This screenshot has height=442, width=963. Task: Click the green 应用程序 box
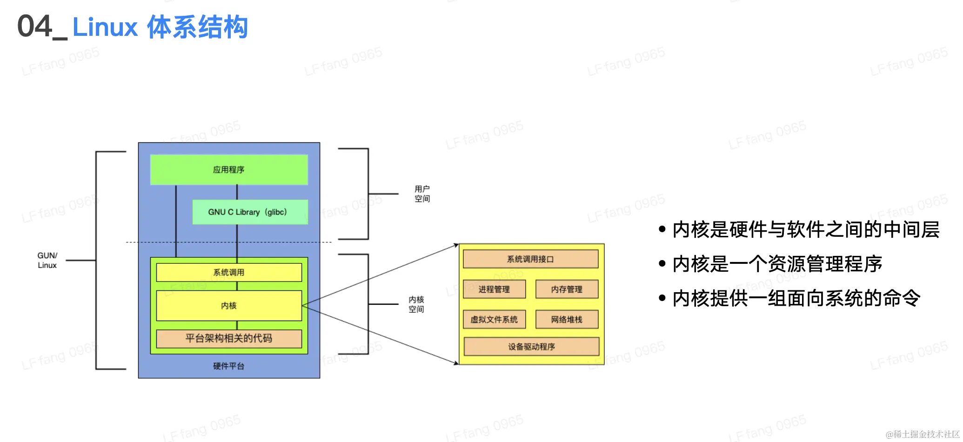click(228, 170)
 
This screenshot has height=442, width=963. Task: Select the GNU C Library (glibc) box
click(250, 212)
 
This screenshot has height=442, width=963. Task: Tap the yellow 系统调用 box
click(228, 272)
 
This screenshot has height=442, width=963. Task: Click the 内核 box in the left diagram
click(228, 306)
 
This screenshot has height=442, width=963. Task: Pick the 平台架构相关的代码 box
click(228, 338)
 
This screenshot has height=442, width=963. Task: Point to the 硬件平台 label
click(228, 366)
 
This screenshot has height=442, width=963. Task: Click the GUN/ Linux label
click(47, 261)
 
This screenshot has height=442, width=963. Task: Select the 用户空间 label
click(422, 194)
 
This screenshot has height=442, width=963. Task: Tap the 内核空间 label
click(416, 304)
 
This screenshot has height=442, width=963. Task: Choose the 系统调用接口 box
click(530, 259)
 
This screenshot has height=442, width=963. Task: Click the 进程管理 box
click(494, 289)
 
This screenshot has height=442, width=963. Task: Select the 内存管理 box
click(567, 289)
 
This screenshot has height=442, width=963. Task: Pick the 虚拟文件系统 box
click(494, 320)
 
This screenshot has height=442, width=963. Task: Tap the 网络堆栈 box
click(567, 320)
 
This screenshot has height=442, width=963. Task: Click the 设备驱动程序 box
click(531, 347)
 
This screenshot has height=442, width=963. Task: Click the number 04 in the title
click(35, 27)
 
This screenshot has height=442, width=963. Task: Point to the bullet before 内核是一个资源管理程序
click(662, 264)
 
